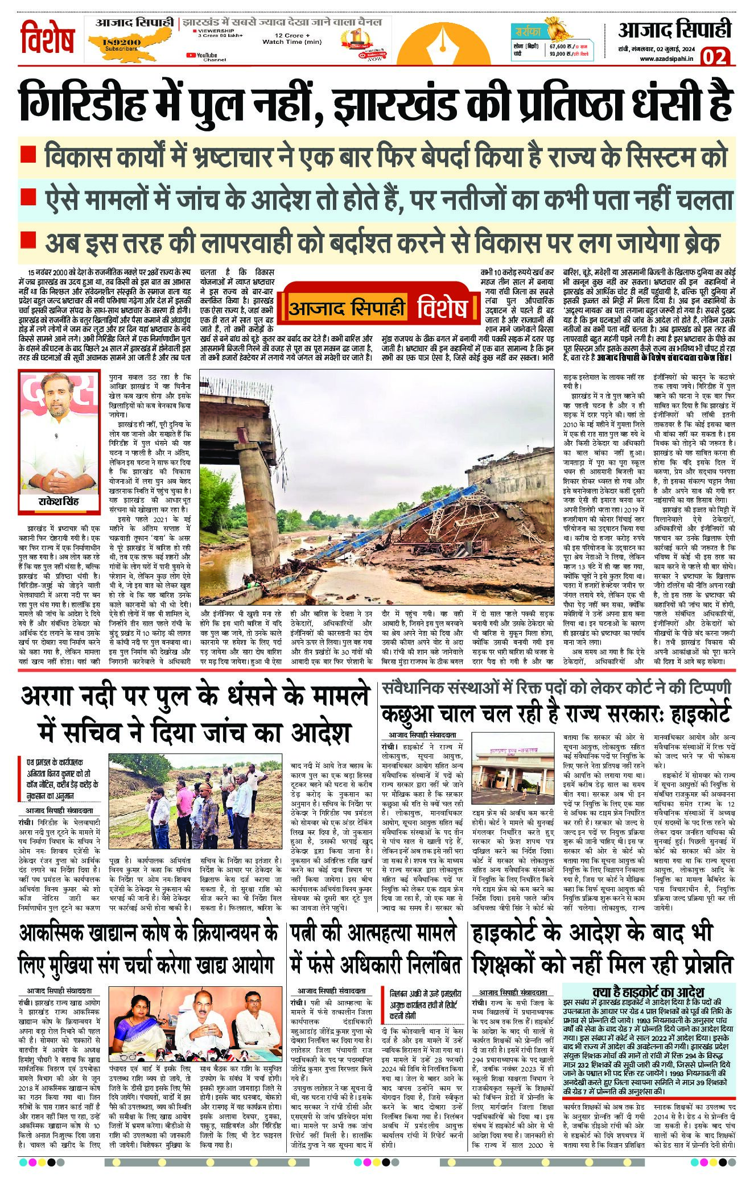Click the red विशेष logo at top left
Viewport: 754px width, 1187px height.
(48, 39)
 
